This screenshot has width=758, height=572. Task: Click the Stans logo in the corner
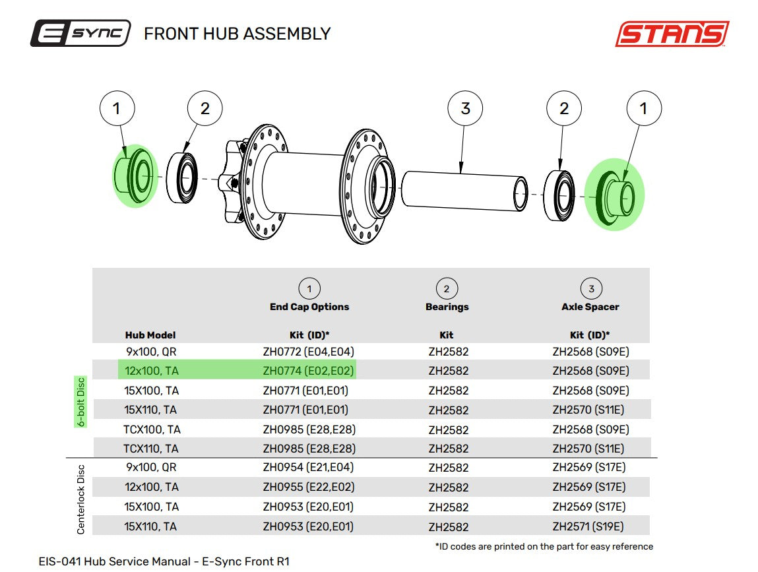(672, 34)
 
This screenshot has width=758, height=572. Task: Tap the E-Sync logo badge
(80, 34)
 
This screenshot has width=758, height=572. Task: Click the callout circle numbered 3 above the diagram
(465, 108)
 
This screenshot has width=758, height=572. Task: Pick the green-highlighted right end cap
(615, 195)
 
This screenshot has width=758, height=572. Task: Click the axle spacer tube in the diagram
(464, 191)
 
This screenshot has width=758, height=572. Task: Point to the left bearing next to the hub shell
(182, 177)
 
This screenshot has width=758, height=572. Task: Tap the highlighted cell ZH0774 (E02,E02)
(309, 371)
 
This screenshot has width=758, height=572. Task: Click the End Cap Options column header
(309, 307)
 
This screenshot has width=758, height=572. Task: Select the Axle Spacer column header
(590, 307)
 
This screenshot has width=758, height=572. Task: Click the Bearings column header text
(447, 307)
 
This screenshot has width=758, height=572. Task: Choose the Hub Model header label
(150, 335)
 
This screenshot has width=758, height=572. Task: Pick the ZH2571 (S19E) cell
(588, 526)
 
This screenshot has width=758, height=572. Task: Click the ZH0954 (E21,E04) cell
(309, 467)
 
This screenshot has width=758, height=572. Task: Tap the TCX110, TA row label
(151, 449)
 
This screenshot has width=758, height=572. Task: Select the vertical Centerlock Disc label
(80, 499)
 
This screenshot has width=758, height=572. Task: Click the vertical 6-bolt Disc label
(80, 402)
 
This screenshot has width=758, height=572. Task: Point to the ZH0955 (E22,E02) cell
(309, 487)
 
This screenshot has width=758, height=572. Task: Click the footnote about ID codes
(544, 546)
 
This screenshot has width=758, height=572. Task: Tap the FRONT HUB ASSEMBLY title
(237, 34)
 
